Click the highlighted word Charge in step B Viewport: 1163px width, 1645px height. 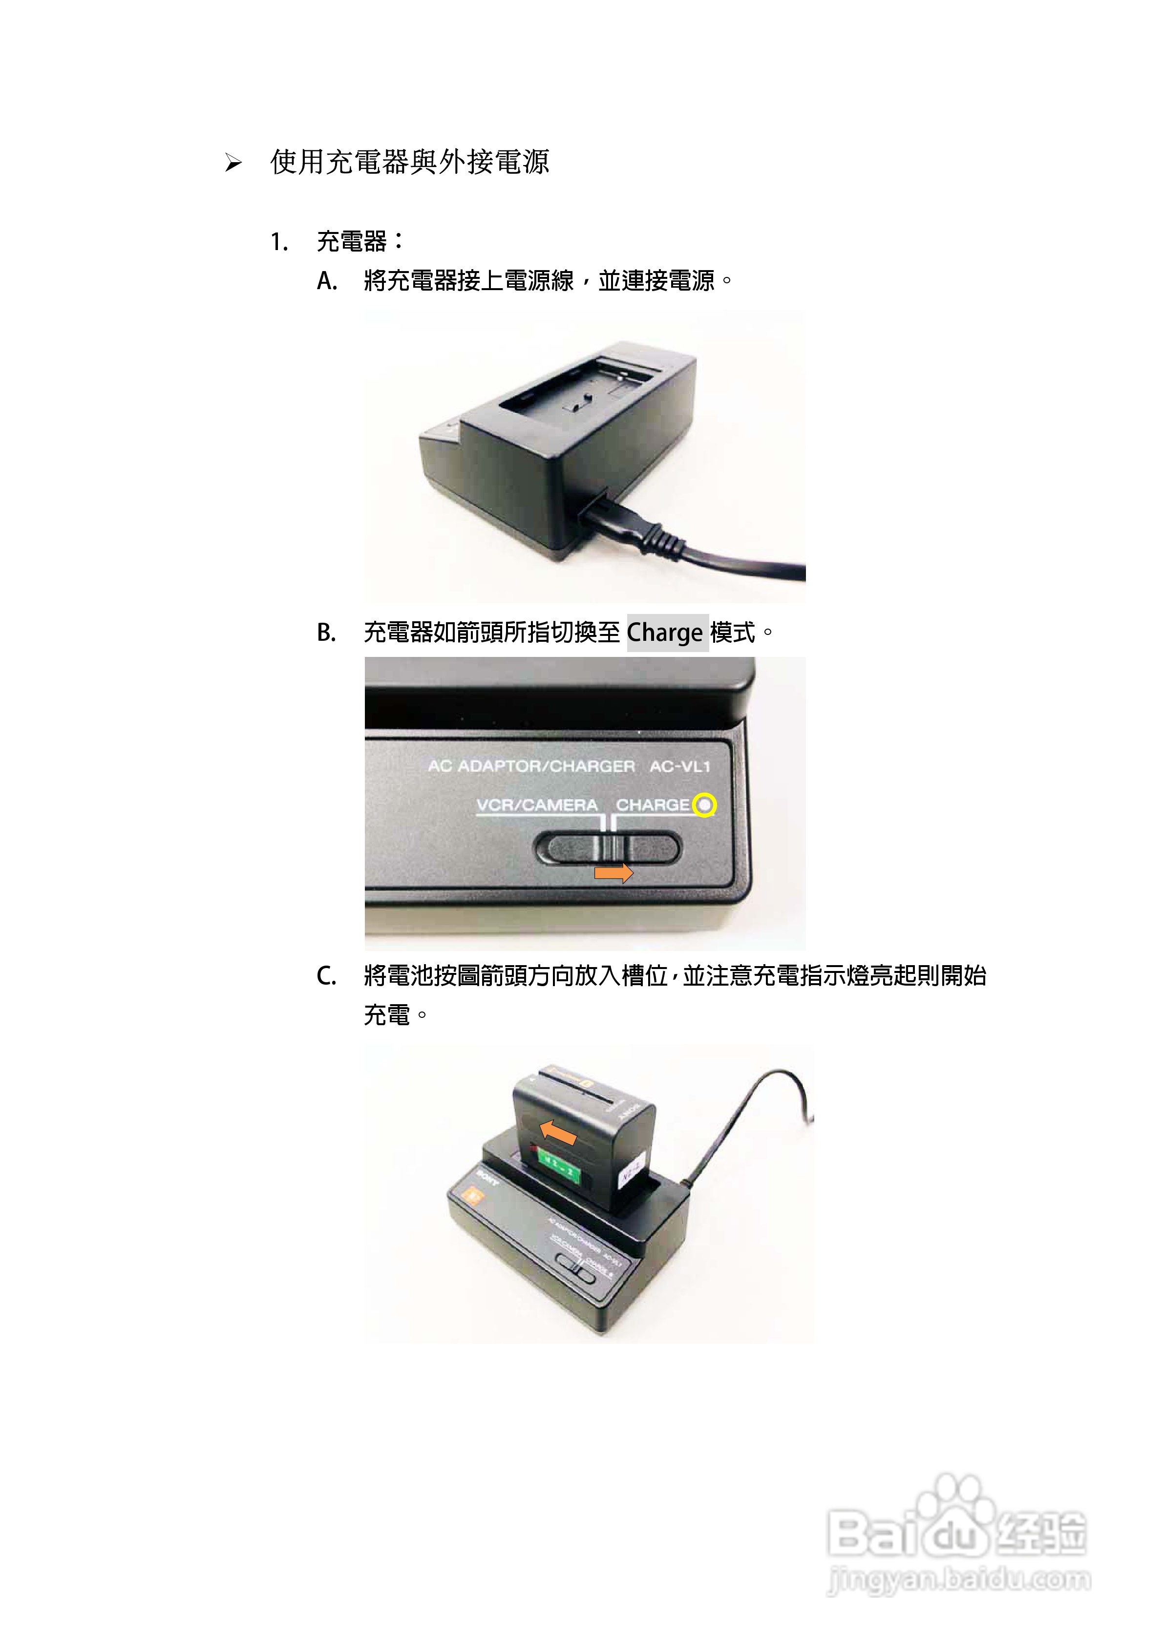[664, 633]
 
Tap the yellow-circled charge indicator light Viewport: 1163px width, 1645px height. [705, 805]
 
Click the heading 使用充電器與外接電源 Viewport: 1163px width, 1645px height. [409, 163]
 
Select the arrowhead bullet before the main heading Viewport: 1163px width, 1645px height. [233, 164]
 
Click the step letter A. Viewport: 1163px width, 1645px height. [327, 281]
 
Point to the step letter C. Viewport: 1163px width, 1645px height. [326, 976]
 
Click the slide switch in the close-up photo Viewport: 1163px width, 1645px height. [608, 849]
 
